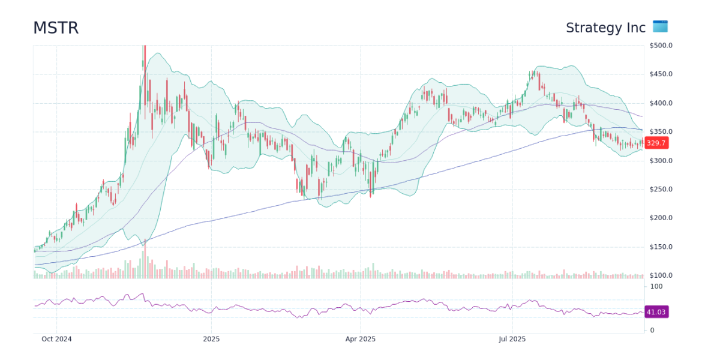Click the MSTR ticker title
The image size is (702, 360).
click(x=56, y=28)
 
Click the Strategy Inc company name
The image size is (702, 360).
click(x=605, y=28)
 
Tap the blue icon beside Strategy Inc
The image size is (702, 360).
click(x=660, y=26)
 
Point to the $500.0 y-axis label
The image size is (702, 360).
click(x=661, y=46)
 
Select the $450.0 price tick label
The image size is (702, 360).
click(x=661, y=74)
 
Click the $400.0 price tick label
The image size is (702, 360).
click(x=661, y=103)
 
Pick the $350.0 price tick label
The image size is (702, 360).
click(x=661, y=132)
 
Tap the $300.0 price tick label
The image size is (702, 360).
click(x=661, y=161)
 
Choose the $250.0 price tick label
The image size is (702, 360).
click(x=661, y=190)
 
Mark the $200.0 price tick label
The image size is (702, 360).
click(x=661, y=218)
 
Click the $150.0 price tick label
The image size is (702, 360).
click(x=661, y=247)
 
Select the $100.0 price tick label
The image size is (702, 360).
click(x=661, y=275)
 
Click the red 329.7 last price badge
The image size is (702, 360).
click(x=656, y=143)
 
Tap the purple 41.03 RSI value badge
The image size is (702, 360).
click(x=656, y=312)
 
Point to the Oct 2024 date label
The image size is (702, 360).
click(x=56, y=339)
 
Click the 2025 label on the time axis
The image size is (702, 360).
click(x=211, y=339)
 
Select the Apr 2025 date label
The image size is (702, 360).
click(x=360, y=339)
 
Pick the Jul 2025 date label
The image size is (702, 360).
click(x=512, y=339)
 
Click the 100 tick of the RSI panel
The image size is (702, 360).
click(x=656, y=287)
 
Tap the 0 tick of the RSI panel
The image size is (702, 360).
click(x=653, y=331)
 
